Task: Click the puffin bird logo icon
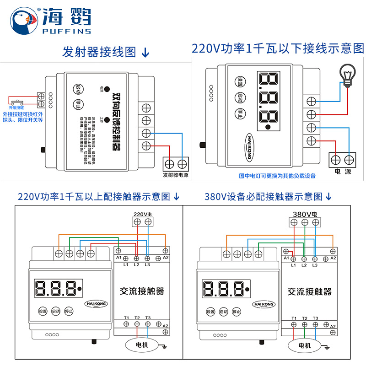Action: (23, 20)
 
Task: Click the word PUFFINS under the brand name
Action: (66, 32)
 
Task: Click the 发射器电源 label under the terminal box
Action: (176, 175)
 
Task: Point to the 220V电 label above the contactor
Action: (142, 214)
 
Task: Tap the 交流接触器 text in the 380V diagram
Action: (309, 291)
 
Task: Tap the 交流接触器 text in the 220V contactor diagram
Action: (142, 291)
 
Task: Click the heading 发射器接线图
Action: (99, 52)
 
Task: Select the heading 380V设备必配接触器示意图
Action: (264, 197)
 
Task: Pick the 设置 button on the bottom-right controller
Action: (210, 312)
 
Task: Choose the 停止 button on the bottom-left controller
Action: (69, 311)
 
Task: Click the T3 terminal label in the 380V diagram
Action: (315, 318)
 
